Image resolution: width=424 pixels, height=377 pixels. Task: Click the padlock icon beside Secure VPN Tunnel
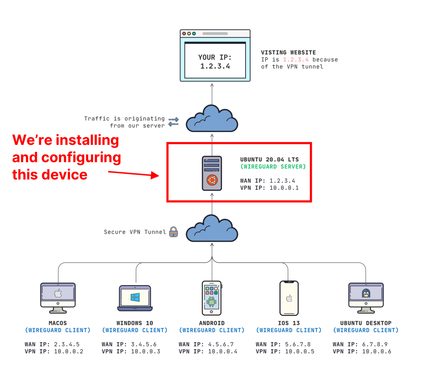tap(173, 232)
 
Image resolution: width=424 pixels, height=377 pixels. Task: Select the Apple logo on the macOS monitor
tap(58, 293)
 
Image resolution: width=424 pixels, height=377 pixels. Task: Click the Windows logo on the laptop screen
tap(135, 297)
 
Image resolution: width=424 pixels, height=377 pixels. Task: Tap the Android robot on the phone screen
tap(212, 301)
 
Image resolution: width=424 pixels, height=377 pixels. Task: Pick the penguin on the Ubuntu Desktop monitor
tap(366, 293)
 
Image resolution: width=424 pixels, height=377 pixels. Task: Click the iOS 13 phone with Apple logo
tap(289, 298)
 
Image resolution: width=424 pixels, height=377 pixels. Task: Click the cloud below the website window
tap(212, 118)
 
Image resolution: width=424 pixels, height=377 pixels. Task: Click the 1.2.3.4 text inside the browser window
tap(215, 66)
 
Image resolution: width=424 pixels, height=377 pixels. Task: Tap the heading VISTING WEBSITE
tap(288, 53)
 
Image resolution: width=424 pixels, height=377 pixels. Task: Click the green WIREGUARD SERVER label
tap(273, 166)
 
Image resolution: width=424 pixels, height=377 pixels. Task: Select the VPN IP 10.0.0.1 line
tap(269, 187)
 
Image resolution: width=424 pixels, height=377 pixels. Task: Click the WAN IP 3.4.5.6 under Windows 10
tap(129, 344)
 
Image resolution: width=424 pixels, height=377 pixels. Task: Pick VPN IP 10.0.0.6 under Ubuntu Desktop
tap(362, 351)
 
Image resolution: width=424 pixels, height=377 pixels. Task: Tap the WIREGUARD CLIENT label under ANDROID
tap(212, 330)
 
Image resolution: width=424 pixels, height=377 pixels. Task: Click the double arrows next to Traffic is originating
tap(173, 122)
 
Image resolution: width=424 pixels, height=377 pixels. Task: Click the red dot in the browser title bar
tap(184, 34)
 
